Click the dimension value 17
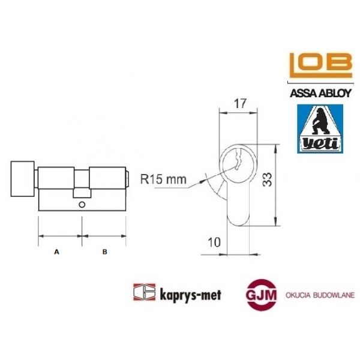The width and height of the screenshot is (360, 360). click(x=241, y=103)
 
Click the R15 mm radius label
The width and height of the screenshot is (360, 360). click(x=162, y=179)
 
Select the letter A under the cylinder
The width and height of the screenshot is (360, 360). click(x=57, y=253)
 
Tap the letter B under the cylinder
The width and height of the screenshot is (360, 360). click(x=104, y=253)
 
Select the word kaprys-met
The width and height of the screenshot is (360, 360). click(x=187, y=295)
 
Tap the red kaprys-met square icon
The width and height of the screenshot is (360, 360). click(x=141, y=293)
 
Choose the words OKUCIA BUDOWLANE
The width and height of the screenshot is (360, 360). click(x=318, y=295)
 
